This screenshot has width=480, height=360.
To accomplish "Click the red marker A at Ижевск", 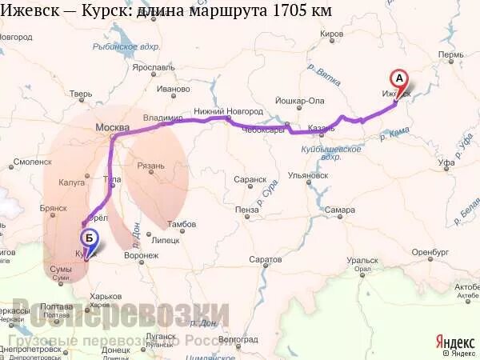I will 398,79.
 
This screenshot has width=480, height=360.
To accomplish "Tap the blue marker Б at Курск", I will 89,238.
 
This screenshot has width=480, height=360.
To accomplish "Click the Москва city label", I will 112,127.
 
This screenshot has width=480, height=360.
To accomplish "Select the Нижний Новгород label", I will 228,111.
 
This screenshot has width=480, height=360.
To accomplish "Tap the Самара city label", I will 340,210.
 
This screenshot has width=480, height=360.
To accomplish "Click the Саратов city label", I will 266,260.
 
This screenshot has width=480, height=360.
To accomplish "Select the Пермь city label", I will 450,55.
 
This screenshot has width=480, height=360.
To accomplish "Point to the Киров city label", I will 331,34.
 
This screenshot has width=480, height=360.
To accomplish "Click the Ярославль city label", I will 154,67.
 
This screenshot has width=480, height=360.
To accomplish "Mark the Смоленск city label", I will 32,162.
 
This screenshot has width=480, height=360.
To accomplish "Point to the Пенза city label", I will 246,210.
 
